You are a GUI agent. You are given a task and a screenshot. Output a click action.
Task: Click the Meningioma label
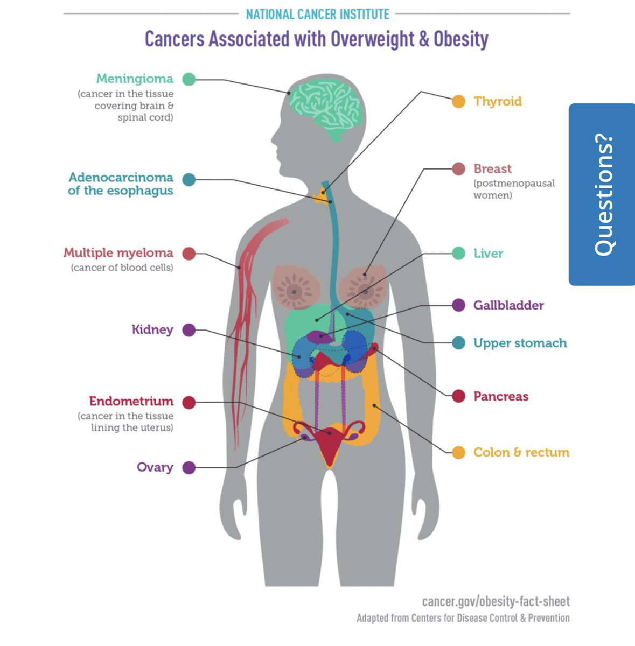135,79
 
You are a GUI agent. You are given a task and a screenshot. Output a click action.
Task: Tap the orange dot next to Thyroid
458,101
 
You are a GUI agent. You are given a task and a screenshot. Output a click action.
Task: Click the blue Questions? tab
602,194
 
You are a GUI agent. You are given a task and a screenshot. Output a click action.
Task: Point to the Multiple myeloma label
118,253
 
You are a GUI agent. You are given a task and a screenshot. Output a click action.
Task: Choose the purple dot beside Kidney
189,330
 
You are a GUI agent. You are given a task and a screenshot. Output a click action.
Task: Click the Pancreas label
501,396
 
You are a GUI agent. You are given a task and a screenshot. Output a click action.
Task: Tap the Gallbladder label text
508,305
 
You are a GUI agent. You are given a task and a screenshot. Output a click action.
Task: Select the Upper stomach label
520,343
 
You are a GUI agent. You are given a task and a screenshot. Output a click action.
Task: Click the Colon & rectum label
521,452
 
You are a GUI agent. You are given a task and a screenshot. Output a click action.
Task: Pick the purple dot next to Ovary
189,467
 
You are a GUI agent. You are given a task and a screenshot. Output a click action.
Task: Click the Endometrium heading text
131,401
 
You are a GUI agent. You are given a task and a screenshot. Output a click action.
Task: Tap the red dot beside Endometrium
189,402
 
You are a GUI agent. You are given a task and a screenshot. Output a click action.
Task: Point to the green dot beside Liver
458,254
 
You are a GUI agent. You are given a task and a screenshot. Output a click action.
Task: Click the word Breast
492,168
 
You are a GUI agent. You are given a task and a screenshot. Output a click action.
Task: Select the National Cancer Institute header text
317,14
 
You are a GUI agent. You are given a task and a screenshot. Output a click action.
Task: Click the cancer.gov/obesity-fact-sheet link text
496,602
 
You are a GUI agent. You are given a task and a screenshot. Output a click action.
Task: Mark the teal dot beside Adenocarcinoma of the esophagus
189,180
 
